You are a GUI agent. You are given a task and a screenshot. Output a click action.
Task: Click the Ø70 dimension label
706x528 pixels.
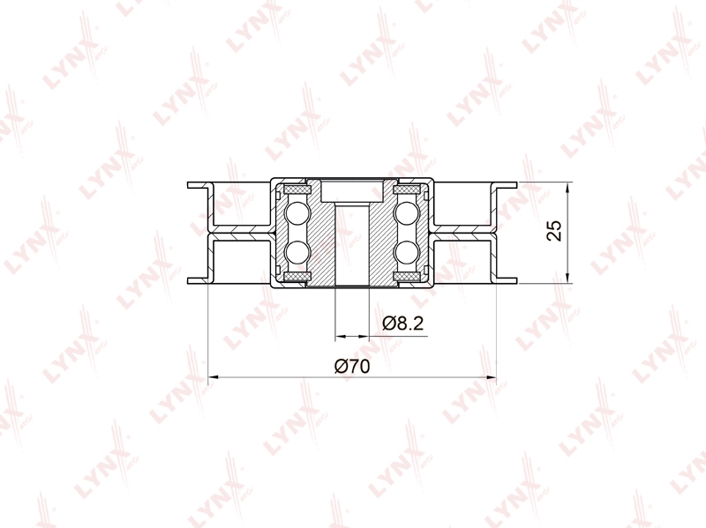tap(352, 367)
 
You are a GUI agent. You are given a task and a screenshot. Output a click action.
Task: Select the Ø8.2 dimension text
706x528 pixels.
tap(403, 323)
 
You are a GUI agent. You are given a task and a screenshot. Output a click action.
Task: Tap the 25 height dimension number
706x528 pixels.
tap(555, 231)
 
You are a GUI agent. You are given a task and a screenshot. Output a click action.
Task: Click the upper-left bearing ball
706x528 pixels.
tap(297, 213)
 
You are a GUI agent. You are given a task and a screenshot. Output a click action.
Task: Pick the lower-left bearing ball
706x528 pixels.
tap(297, 252)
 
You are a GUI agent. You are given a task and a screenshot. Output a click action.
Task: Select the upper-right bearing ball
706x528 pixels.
tap(407, 213)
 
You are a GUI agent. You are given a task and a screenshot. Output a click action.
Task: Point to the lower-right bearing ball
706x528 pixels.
tap(407, 252)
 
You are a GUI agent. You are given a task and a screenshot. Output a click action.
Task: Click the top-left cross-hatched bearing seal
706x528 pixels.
tap(297, 190)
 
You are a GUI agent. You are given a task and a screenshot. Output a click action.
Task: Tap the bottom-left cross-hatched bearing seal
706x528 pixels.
tap(297, 277)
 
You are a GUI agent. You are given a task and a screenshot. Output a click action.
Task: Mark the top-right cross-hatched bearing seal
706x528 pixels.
tap(408, 190)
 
